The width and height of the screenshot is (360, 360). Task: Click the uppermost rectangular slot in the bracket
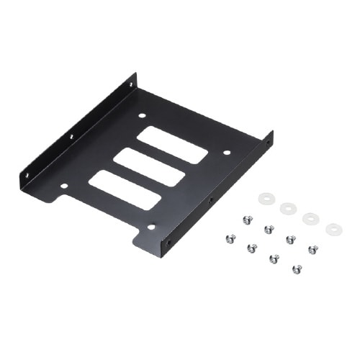(x=172, y=145)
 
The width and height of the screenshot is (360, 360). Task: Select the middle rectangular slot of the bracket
(x=148, y=167)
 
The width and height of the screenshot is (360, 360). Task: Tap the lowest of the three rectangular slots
(x=124, y=190)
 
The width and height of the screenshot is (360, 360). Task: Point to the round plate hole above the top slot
(x=142, y=115)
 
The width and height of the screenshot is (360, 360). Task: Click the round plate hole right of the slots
(x=226, y=153)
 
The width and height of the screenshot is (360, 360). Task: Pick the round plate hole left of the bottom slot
(x=64, y=186)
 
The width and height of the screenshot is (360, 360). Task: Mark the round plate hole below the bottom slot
(x=151, y=227)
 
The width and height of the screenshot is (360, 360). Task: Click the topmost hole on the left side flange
(x=130, y=84)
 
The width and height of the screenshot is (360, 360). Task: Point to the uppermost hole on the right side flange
(x=268, y=143)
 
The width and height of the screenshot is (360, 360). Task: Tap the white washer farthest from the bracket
(x=333, y=230)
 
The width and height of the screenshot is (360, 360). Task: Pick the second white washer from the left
(x=288, y=209)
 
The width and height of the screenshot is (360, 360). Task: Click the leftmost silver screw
(x=228, y=238)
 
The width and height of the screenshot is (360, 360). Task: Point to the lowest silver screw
(x=297, y=269)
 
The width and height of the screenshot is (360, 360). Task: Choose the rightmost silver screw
(x=312, y=249)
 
